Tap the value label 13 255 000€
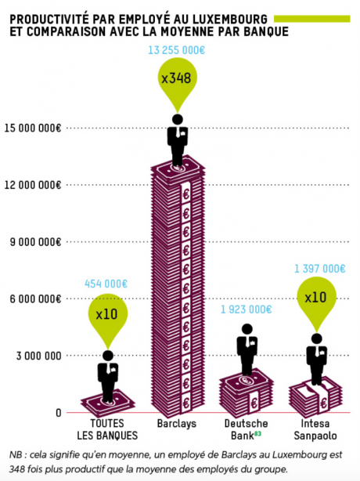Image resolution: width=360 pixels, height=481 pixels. coord(176,50)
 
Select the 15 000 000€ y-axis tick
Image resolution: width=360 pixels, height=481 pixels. coord(32,128)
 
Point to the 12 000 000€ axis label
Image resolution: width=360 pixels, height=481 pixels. coord(32,185)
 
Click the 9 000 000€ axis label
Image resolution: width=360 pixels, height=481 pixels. coord(35,242)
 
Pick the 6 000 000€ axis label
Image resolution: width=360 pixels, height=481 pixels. coord(35,298)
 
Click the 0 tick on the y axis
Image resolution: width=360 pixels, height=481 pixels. coord(59,413)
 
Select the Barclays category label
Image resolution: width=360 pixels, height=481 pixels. coord(177,424)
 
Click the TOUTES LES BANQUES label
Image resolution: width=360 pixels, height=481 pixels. coord(107,429)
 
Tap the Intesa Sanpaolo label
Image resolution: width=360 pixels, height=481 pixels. coord(315,429)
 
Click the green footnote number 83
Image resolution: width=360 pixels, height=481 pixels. coord(257,433)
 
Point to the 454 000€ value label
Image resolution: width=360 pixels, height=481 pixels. coord(106,284)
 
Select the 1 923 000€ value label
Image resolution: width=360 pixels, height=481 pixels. coord(247,309)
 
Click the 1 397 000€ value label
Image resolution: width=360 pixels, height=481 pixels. coord(320,269)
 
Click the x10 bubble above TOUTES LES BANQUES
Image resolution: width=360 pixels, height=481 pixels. coord(107,314)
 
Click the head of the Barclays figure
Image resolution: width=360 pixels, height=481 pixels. coord(178,119)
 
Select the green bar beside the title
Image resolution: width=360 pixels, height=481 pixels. coord(312,19)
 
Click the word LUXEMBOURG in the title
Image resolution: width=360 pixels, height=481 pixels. coord(230,20)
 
